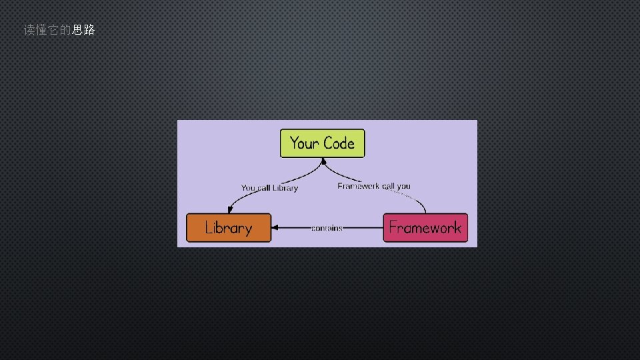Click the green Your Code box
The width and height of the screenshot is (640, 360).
323,143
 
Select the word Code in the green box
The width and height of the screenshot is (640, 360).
339,143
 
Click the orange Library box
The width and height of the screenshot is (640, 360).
229,228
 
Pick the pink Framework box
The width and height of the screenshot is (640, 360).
425,228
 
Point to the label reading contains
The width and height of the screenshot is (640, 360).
327,228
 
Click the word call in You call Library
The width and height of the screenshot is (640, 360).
264,188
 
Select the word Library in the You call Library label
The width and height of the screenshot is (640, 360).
285,188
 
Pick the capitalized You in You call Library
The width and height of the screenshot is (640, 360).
248,188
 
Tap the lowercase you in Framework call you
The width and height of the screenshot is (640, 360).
403,186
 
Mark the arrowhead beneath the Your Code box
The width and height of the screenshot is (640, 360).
323,161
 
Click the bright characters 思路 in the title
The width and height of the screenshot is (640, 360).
83,30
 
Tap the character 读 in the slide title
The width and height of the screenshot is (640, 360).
29,30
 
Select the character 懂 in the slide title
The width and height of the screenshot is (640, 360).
41,30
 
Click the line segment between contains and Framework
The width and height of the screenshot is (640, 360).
363,228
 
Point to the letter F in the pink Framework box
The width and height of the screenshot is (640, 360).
393,228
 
